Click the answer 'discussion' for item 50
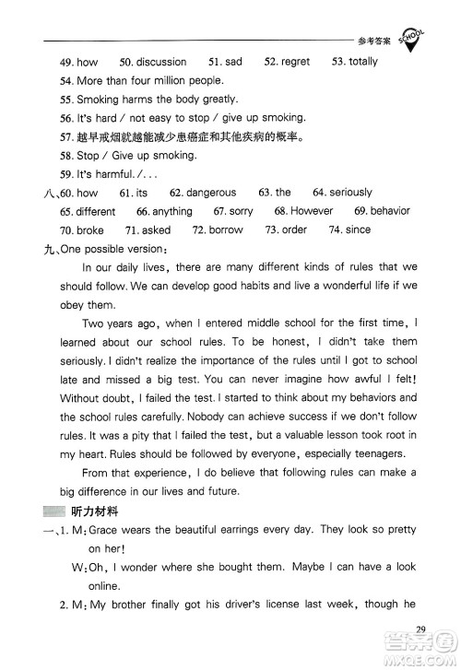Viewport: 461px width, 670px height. pos(161,62)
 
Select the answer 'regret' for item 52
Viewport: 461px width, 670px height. pos(296,62)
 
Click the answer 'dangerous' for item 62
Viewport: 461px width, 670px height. pos(211,193)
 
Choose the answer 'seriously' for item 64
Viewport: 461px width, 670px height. pos(352,193)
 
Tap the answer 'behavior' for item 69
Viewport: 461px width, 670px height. pos(389,211)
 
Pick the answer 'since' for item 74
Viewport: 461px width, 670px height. pos(358,230)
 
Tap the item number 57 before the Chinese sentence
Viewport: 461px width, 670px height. pos(65,136)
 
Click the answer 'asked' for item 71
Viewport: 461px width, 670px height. pos(156,230)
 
